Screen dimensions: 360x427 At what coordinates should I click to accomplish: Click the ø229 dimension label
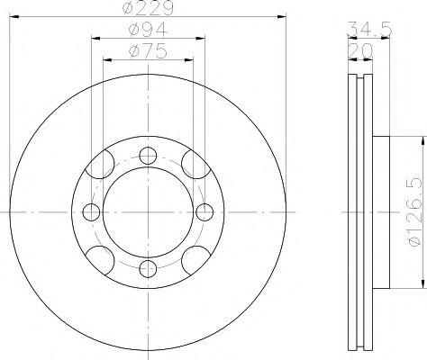coord(147,9)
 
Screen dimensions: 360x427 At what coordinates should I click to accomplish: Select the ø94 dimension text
coord(147,34)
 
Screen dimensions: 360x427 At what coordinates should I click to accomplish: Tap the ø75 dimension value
coord(147,54)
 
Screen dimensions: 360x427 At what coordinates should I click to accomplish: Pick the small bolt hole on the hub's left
coord(91,211)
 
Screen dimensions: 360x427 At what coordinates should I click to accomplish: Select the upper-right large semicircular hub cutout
coord(190,166)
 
